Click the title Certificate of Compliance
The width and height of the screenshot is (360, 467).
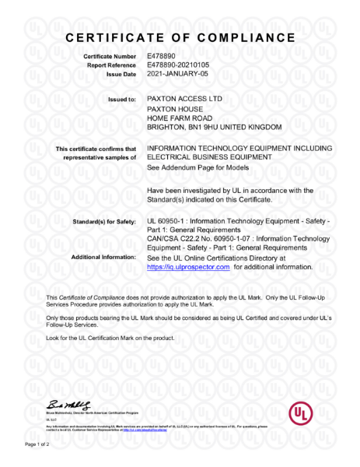[x=180, y=37]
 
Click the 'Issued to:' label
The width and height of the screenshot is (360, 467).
[x=120, y=100]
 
